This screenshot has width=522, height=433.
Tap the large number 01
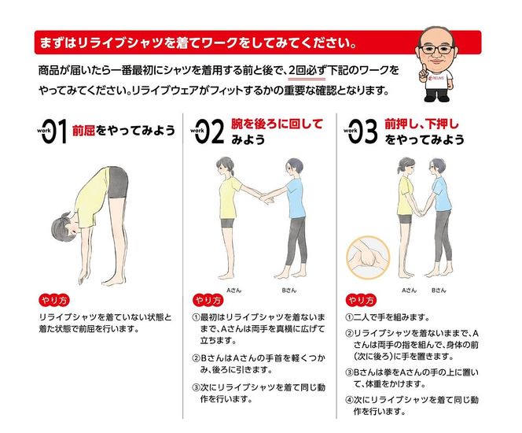coord(54,131)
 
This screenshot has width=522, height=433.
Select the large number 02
coord(209,131)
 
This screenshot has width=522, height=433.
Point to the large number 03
coord(363,131)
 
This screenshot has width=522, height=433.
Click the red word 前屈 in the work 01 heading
coord(84,131)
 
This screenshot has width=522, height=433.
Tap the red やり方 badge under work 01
coord(54,300)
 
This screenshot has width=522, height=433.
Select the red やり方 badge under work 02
coord(208,300)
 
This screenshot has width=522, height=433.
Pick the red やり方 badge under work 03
coord(361,300)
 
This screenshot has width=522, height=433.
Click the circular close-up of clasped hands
coord(368,257)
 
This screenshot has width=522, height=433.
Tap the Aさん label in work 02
coord(233,290)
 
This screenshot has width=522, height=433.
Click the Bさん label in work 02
coord(289,290)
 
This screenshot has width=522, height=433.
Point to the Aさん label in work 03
coord(409,290)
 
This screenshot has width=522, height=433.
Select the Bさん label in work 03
coord(439,290)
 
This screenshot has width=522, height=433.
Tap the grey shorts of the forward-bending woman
coord(117,183)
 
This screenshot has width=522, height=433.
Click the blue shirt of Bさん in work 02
coord(296,198)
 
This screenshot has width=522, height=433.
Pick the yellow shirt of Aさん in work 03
coord(406,196)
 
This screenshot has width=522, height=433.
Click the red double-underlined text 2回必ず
coord(307,71)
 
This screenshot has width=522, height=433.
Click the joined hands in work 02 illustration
coord(267,198)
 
